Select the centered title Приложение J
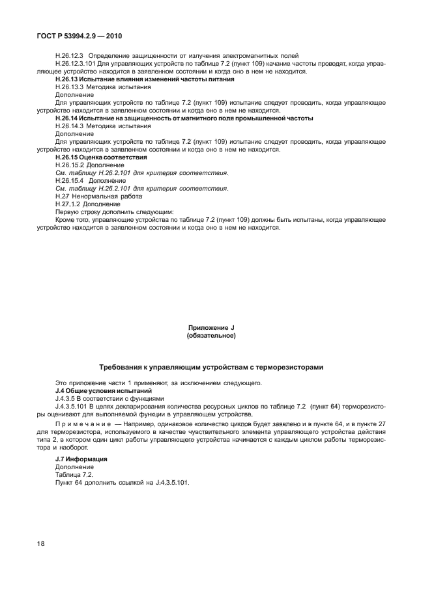coord(210,328)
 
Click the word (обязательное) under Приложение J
coord(210,336)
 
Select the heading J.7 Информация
coord(81,459)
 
